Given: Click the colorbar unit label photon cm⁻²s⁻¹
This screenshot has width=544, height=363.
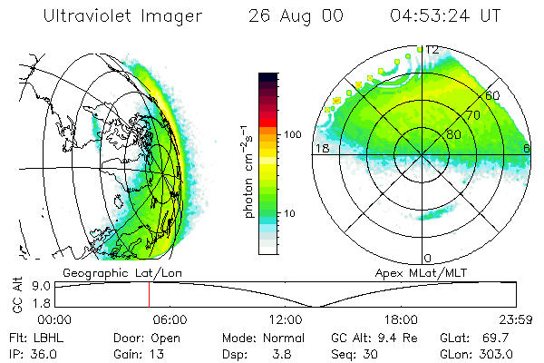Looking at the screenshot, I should (x=248, y=172).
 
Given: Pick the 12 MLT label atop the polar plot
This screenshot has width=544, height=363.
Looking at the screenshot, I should (x=432, y=49).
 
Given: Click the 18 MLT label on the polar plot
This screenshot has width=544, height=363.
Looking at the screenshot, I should (x=321, y=148).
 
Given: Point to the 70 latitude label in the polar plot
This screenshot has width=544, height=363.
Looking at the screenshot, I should (x=472, y=116).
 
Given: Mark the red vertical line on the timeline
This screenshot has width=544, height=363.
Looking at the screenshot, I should (x=149, y=295).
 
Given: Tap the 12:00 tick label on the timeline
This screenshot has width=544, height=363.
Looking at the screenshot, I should (x=285, y=319).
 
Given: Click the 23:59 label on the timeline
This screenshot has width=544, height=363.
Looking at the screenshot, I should (x=516, y=319).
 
